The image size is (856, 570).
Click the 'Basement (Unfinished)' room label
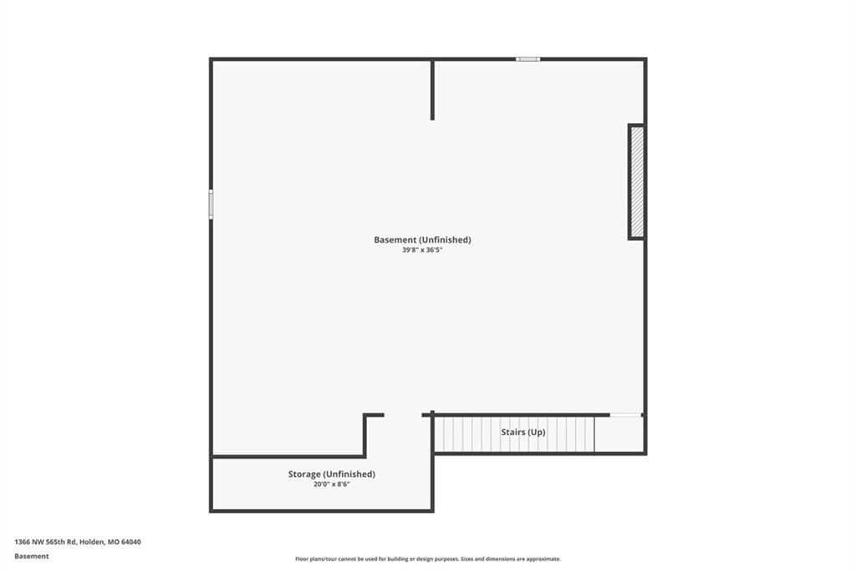pyautogui.click(x=422, y=240)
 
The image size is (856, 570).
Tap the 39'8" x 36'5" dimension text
pyautogui.click(x=422, y=249)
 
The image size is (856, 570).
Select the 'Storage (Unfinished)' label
pyautogui.click(x=331, y=475)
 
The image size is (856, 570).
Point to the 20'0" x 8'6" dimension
pyautogui.click(x=331, y=484)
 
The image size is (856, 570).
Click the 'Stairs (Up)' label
pyautogui.click(x=523, y=432)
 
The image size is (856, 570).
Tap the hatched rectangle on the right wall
pyautogui.click(x=636, y=182)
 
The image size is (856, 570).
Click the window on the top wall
pyautogui.click(x=528, y=59)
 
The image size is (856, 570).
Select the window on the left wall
pyautogui.click(x=211, y=204)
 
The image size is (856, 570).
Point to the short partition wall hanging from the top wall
pyautogui.click(x=432, y=90)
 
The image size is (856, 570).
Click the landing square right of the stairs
pyautogui.click(x=619, y=434)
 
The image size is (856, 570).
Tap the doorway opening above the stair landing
pyautogui.click(x=625, y=415)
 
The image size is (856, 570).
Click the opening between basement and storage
pyautogui.click(x=403, y=415)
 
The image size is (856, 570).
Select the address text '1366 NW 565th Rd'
pyautogui.click(x=46, y=542)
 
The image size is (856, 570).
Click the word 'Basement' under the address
pyautogui.click(x=32, y=557)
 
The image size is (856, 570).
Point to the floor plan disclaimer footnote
pyautogui.click(x=428, y=559)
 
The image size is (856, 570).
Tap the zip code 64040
pyautogui.click(x=131, y=542)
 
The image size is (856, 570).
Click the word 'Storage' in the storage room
pyautogui.click(x=304, y=475)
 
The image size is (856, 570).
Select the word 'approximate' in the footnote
pyautogui.click(x=543, y=559)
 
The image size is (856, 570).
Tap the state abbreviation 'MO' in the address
pyautogui.click(x=114, y=542)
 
